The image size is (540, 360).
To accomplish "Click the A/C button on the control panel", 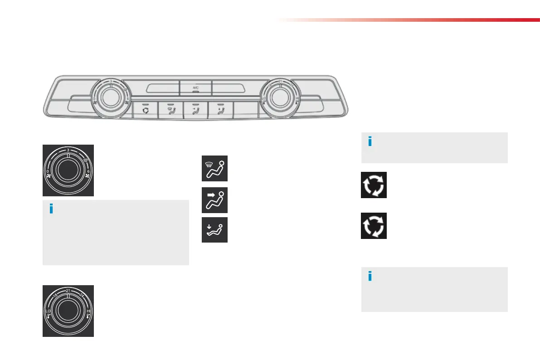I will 195,88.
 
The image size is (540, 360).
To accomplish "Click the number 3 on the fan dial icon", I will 68,150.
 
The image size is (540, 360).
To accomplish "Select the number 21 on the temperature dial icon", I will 68,290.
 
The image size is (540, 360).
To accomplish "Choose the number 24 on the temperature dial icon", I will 82,296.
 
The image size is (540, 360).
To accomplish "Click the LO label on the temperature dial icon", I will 48,311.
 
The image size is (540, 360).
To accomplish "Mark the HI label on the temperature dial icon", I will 88,311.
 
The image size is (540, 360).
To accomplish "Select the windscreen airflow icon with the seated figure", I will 214,169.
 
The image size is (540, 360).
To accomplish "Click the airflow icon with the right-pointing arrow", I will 214,200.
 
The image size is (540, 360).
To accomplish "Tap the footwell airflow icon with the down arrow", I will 214,230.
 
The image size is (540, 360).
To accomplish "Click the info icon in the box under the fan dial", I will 51,209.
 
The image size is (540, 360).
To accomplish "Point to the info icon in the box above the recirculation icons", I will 370,142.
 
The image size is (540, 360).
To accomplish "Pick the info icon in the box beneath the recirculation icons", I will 370,276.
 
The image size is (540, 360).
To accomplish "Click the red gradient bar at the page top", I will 408,20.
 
